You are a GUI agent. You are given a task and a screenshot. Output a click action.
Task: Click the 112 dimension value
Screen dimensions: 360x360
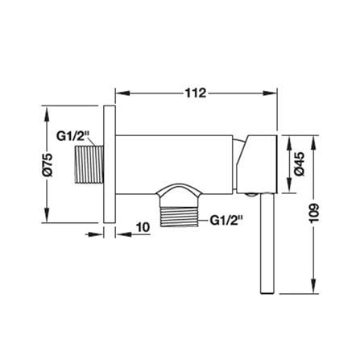point(196,93)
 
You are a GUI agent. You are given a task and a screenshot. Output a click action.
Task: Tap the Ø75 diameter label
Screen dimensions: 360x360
point(48,164)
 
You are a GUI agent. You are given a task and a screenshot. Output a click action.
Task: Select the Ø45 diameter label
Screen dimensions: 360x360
point(300,163)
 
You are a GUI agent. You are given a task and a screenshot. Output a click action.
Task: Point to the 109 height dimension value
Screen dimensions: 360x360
point(313,213)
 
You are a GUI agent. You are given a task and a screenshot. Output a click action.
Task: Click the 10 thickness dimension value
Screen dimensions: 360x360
point(143,227)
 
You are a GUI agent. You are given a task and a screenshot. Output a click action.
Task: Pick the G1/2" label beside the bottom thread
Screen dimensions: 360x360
point(226,221)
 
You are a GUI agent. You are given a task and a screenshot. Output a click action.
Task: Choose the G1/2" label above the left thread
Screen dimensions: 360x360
point(72,136)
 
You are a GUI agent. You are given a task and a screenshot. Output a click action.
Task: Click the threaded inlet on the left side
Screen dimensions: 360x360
point(89,164)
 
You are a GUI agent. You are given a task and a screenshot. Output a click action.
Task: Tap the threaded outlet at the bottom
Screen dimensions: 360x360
point(179,217)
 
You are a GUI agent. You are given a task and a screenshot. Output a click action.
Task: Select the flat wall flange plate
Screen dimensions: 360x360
point(110,164)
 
